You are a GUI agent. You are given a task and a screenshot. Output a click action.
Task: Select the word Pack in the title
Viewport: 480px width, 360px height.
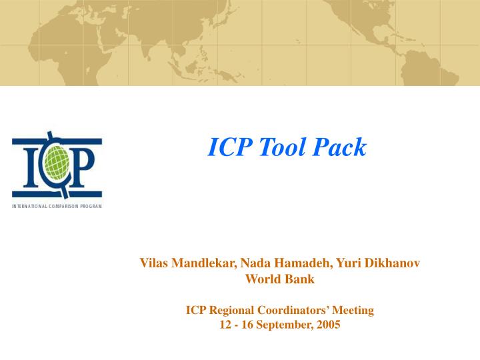point(340,147)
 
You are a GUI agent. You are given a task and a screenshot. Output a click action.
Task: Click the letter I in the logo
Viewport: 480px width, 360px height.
point(26,166)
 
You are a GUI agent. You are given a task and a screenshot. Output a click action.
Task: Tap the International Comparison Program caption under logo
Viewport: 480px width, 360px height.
point(57,207)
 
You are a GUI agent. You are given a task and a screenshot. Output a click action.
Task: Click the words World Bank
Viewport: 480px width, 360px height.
point(280,279)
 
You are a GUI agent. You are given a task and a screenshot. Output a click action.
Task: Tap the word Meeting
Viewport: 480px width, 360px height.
point(353,310)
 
